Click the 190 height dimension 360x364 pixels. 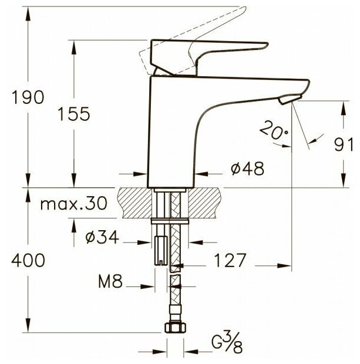(28, 97)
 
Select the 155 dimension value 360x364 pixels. (73, 114)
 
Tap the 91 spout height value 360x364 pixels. (344, 144)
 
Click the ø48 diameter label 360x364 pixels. (248, 168)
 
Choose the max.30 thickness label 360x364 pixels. (74, 204)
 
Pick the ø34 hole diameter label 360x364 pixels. (102, 237)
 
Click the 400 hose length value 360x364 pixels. (28, 260)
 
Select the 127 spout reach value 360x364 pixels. (230, 260)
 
